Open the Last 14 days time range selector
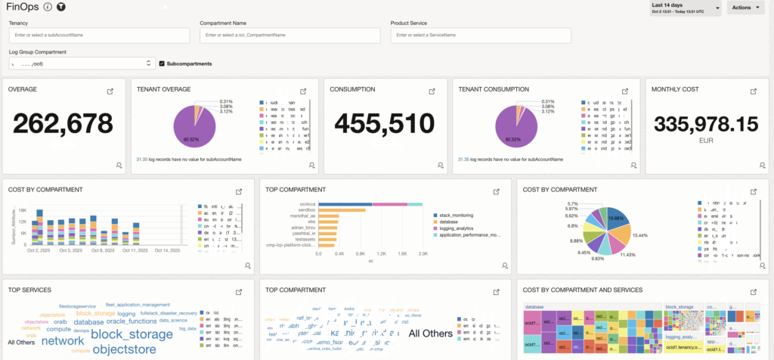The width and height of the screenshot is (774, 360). [683, 8]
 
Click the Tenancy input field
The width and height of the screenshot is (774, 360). [98, 35]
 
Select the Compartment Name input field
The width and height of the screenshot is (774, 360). [289, 35]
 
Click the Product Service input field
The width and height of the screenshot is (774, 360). [480, 35]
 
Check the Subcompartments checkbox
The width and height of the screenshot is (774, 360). [162, 64]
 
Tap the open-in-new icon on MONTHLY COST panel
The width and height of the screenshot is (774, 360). [753, 92]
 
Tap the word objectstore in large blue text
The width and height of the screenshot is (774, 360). [125, 349]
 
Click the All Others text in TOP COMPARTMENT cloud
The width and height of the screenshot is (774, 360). [430, 334]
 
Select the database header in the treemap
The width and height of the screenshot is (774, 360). [535, 307]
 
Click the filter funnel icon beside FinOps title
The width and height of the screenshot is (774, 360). [60, 7]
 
